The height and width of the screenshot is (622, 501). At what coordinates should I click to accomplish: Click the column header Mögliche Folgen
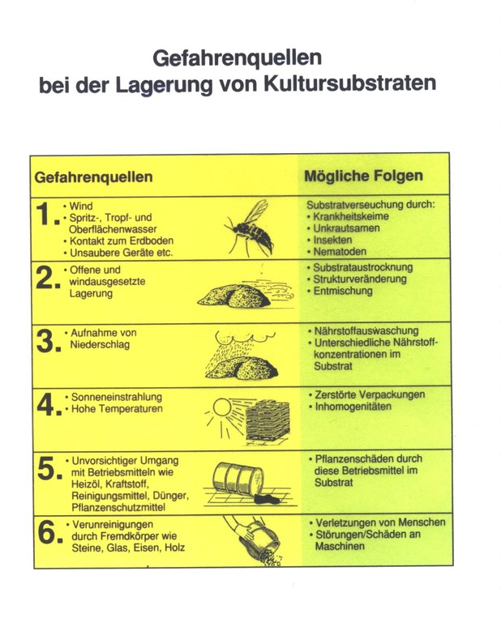point(363,176)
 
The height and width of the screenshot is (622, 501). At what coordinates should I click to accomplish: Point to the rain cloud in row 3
point(244,335)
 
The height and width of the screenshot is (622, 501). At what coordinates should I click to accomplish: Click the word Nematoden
point(343,252)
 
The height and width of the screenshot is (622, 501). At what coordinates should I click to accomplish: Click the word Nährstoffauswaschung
point(366,331)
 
